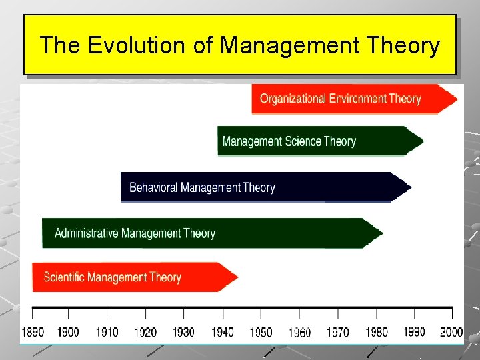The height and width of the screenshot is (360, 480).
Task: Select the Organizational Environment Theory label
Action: pos(340,99)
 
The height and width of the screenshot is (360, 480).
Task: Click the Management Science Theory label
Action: pos(289,141)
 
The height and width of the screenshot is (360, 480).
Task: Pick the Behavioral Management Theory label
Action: pos(202,187)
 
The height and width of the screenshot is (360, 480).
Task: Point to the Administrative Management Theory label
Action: pos(135,233)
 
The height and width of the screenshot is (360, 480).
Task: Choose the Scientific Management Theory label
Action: pos(112,277)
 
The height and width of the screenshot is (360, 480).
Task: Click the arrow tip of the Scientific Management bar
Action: pos(233,277)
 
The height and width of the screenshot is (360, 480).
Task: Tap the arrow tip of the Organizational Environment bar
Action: pos(453,99)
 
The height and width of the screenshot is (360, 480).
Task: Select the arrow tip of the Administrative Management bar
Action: pos(378,233)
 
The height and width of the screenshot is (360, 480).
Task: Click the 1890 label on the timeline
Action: pos(33,332)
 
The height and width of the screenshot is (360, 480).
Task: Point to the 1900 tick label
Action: pos(68,332)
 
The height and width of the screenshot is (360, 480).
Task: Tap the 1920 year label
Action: pos(145,332)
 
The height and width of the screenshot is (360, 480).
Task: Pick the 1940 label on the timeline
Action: pos(223,332)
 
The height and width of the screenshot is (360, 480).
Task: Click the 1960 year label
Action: pos(299,333)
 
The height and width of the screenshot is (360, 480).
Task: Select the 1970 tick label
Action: pos(338,332)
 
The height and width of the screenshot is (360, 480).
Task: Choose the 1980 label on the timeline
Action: pos(376,332)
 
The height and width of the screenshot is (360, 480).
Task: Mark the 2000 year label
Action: pos(451,332)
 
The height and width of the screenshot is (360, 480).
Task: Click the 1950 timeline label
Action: pos(261,332)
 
